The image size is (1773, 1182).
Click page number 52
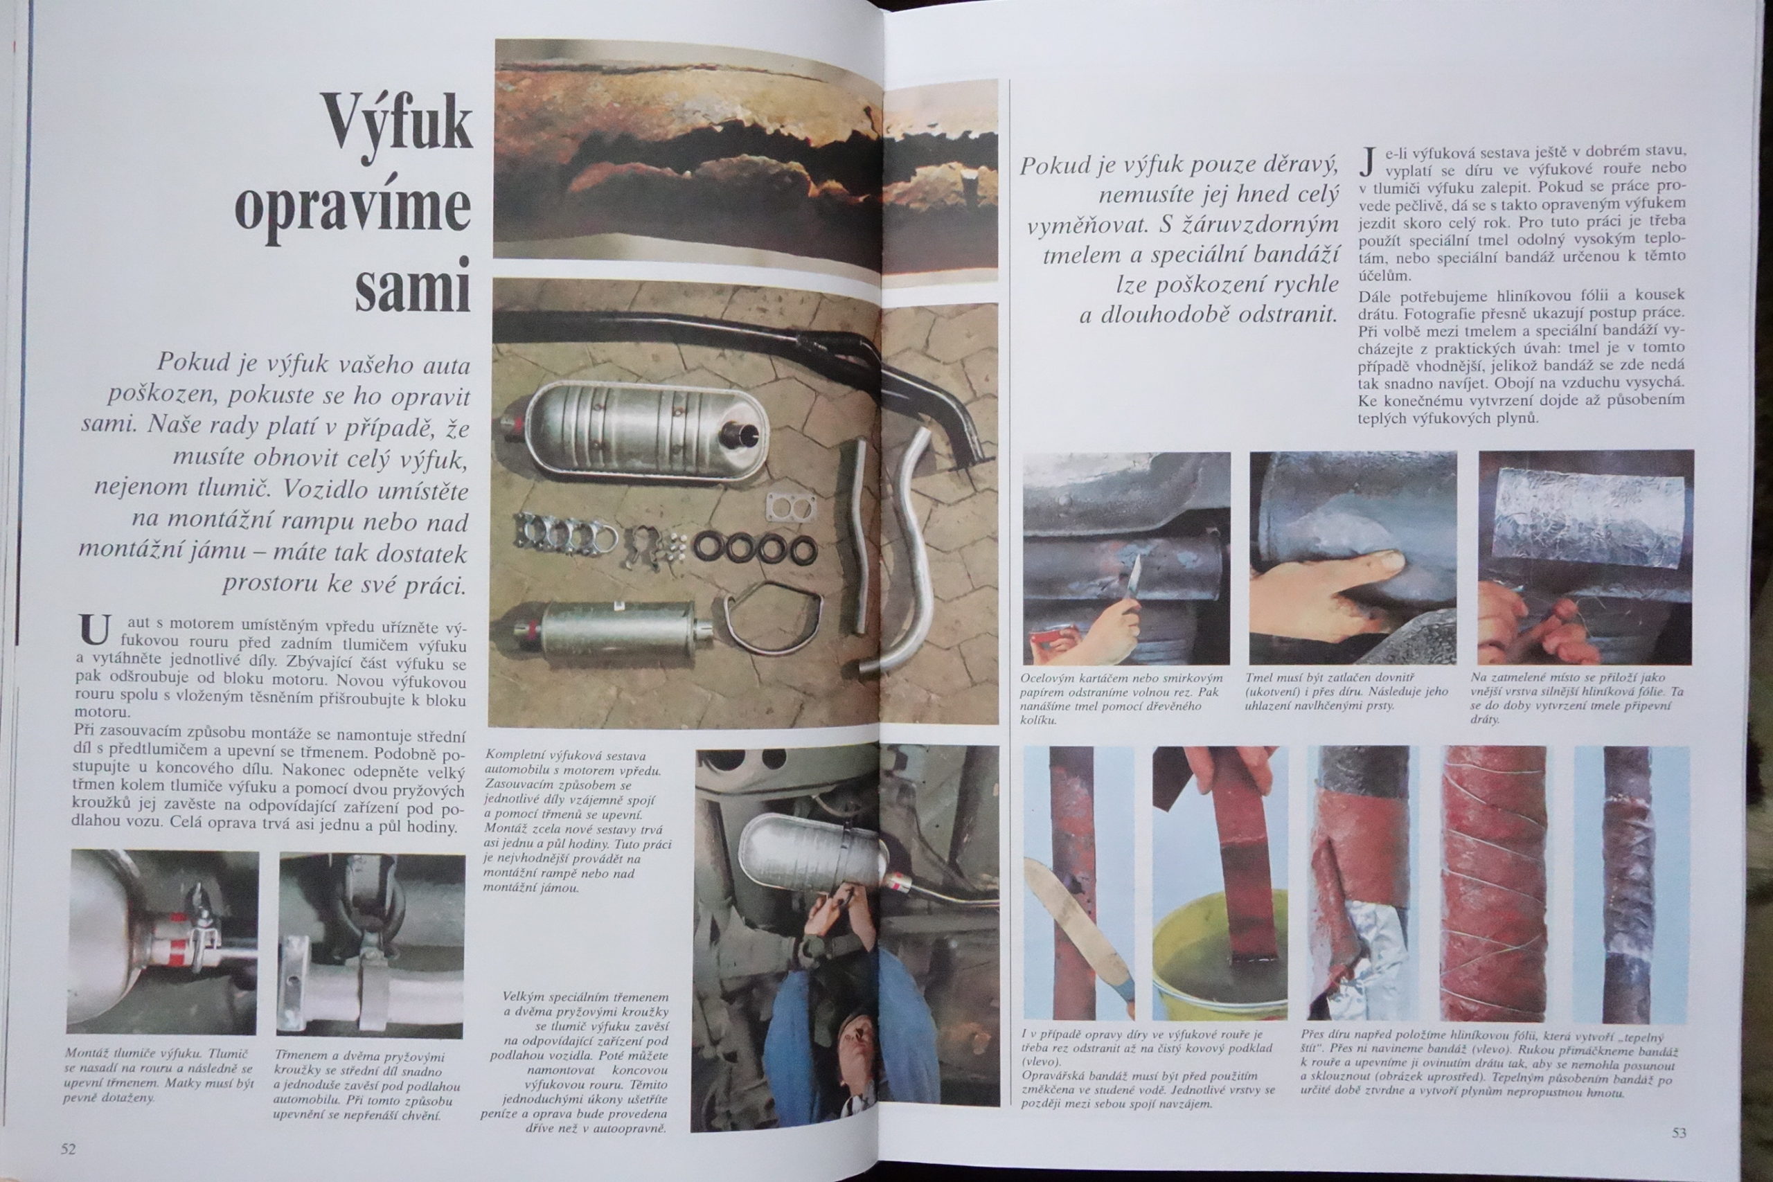69,1149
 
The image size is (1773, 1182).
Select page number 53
1679,1132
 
